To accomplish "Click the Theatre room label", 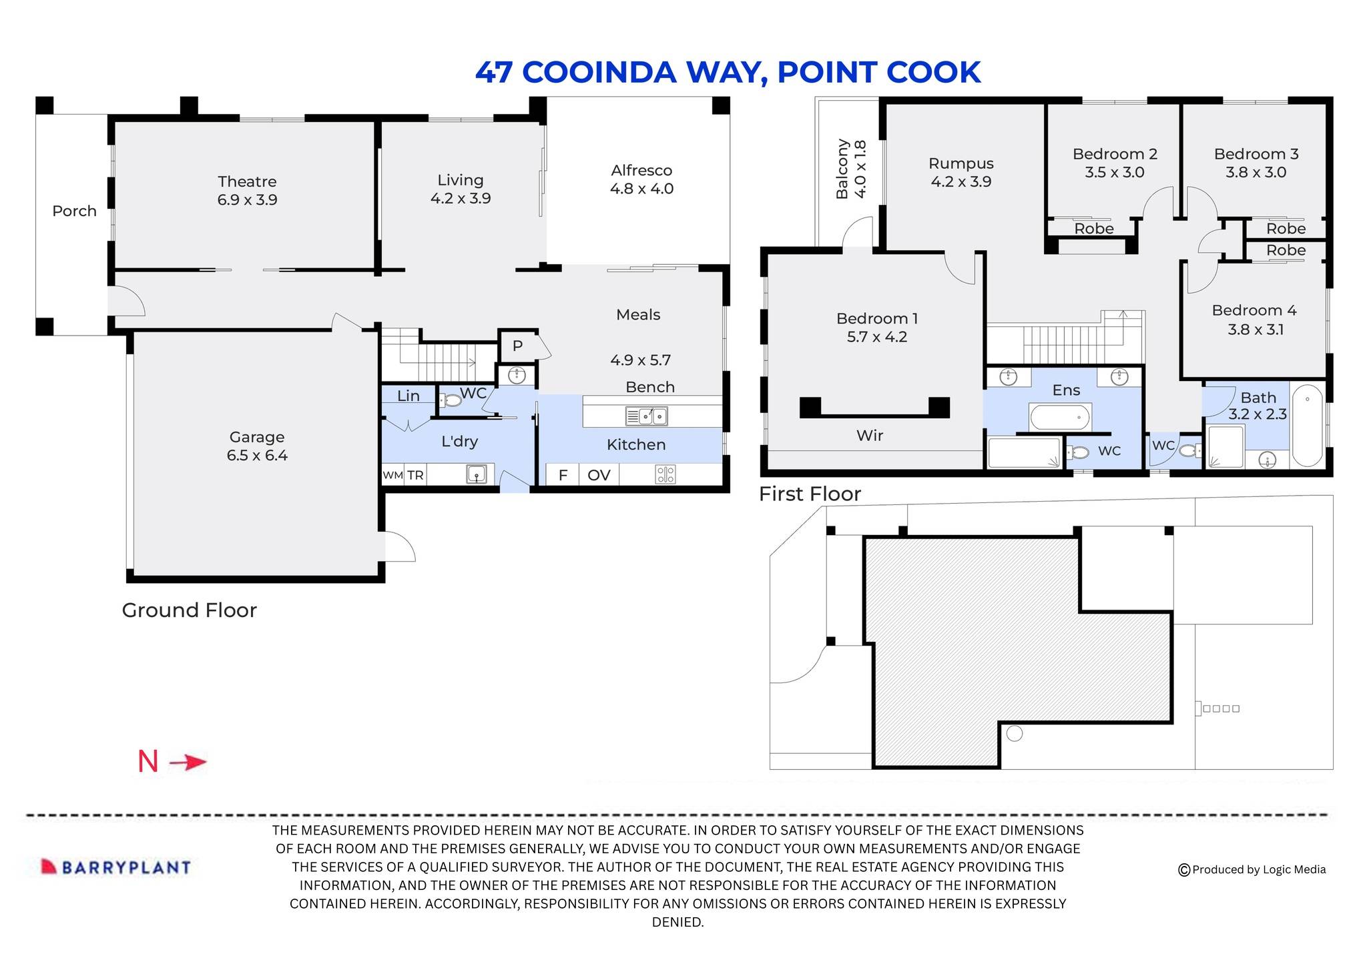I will coord(247,181).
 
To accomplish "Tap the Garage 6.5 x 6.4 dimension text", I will coord(257,456).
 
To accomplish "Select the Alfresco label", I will coord(641,171).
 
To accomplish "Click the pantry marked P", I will coord(517,346).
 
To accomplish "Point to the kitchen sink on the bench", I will coord(646,416).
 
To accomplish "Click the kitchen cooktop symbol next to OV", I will coord(665,474).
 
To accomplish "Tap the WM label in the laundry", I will coord(392,475).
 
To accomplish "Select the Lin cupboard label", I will coord(408,396).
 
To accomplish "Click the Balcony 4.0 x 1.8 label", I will coord(851,169).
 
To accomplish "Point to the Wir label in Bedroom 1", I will coord(870,436).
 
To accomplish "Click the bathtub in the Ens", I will coord(1060,418).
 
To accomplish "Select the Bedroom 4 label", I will coord(1254,311).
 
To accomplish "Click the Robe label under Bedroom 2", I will coord(1094,229).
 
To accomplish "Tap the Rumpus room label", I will coord(961,163).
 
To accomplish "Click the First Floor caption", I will coord(810,494).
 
